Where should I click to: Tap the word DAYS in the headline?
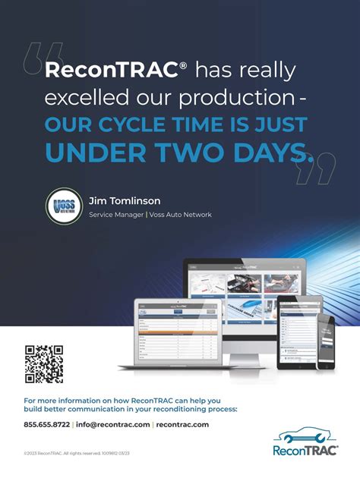[x=260, y=153]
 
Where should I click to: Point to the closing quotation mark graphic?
[x=316, y=168]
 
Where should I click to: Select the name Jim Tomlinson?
[x=124, y=201]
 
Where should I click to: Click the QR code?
[x=44, y=363]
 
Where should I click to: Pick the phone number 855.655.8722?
[x=46, y=425]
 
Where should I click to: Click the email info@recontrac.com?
[x=112, y=425]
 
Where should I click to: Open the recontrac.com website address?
[x=182, y=425]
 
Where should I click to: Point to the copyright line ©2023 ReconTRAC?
[x=76, y=453]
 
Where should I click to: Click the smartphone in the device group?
[x=325, y=341]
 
